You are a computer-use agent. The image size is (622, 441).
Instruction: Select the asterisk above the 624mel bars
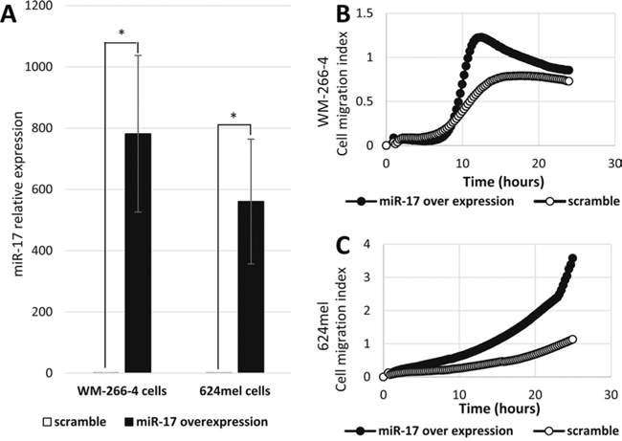[x=235, y=117]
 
